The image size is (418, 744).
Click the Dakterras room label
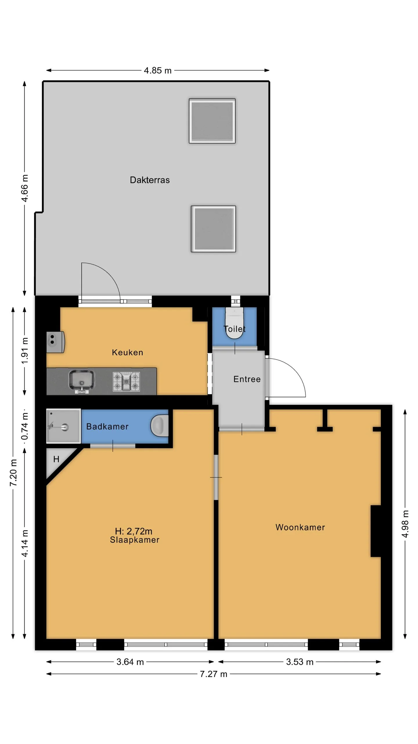[149, 180]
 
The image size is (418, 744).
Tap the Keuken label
[127, 353]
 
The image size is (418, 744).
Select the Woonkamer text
[300, 527]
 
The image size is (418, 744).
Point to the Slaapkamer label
[134, 540]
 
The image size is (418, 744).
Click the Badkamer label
[107, 426]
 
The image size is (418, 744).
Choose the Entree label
[247, 379]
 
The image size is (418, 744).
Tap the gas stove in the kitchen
[126, 381]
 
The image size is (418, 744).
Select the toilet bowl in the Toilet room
[234, 323]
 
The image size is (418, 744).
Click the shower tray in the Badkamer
[64, 426]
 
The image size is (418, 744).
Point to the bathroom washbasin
[159, 426]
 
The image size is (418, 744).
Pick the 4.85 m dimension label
[158, 70]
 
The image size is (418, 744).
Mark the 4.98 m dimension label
[405, 524]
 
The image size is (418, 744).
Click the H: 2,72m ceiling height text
[134, 531]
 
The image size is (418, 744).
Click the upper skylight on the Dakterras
[212, 121]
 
